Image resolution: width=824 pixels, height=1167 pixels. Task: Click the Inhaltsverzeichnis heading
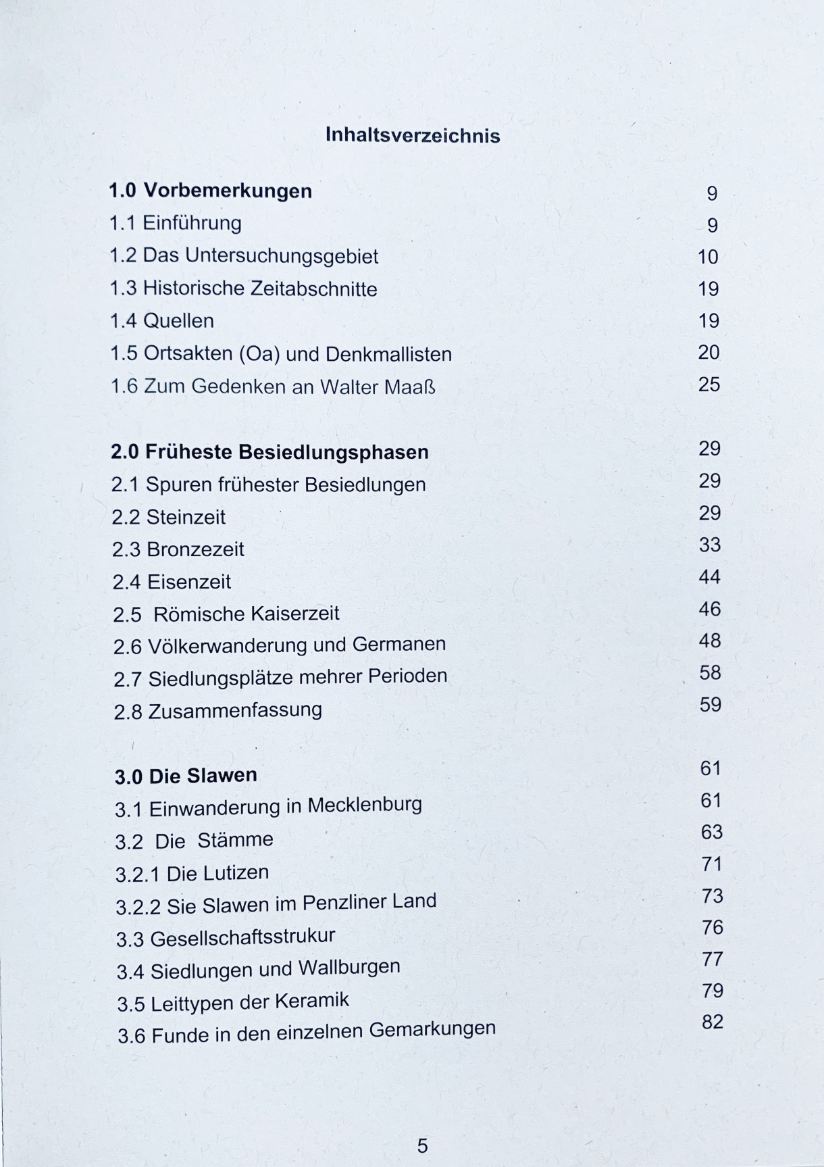click(413, 135)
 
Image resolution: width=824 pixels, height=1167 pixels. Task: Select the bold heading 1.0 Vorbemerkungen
click(210, 191)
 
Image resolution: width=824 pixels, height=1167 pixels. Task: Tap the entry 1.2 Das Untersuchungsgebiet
click(244, 256)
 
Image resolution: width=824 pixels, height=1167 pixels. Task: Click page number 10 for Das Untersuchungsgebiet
click(708, 257)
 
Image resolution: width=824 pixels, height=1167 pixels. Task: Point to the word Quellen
click(179, 321)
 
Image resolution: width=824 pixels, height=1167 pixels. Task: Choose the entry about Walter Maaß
click(273, 387)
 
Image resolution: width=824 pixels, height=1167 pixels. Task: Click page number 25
click(709, 384)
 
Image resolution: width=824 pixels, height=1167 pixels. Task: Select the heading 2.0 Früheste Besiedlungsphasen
click(269, 452)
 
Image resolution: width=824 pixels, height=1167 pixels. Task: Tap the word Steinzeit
click(186, 518)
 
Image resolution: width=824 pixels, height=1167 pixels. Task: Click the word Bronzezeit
click(195, 549)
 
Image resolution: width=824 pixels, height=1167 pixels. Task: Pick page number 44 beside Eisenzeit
click(709, 577)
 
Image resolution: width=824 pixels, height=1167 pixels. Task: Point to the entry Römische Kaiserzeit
click(226, 614)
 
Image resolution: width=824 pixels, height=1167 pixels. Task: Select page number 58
click(710, 673)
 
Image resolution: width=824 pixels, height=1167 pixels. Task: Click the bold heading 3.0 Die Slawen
click(186, 776)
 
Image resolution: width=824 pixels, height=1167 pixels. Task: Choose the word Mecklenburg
click(365, 805)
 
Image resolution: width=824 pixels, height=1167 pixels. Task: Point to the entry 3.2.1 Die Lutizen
click(192, 874)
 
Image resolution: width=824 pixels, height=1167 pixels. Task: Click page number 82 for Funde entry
click(713, 1022)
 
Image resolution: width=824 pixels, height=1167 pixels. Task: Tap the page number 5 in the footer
click(422, 1145)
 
